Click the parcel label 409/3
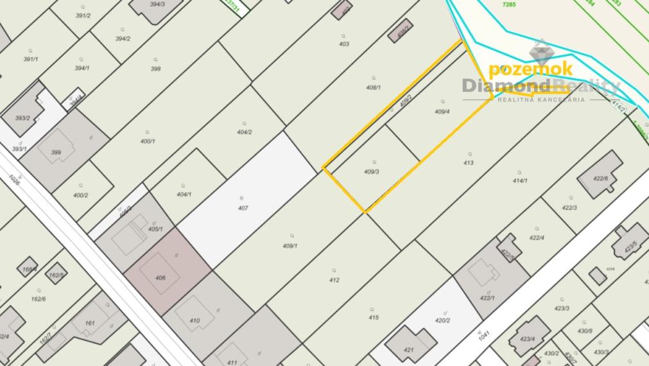[x=372, y=171]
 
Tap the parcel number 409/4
[x=442, y=111]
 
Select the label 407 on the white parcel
[x=243, y=208]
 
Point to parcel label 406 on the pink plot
[x=160, y=278]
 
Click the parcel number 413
[x=468, y=163]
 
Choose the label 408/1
[x=373, y=87]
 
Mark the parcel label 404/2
[x=244, y=132]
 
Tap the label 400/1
[x=148, y=141]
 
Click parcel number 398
[x=155, y=69]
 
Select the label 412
[x=334, y=280]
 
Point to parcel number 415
[x=373, y=317]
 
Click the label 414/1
[x=520, y=181]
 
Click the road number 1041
[x=485, y=335]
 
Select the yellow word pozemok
[x=530, y=69]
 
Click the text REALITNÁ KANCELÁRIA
[x=541, y=100]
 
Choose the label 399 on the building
[x=56, y=152]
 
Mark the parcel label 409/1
[x=290, y=245]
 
